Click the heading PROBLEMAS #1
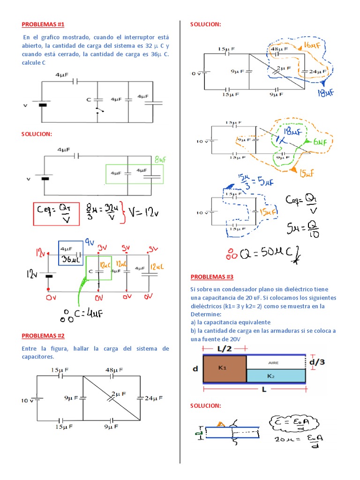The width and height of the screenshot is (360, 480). point(43,24)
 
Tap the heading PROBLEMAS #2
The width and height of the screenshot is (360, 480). point(43,336)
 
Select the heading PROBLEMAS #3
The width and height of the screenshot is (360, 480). point(212,277)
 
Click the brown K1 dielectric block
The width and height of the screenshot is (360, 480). point(224,368)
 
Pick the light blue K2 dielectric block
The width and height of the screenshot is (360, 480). point(276,375)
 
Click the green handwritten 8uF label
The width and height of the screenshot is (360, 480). point(159,159)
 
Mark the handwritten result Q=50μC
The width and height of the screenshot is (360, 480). point(262,255)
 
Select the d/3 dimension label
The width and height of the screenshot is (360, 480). point(317,361)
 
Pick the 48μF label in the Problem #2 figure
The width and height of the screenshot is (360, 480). point(114,370)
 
